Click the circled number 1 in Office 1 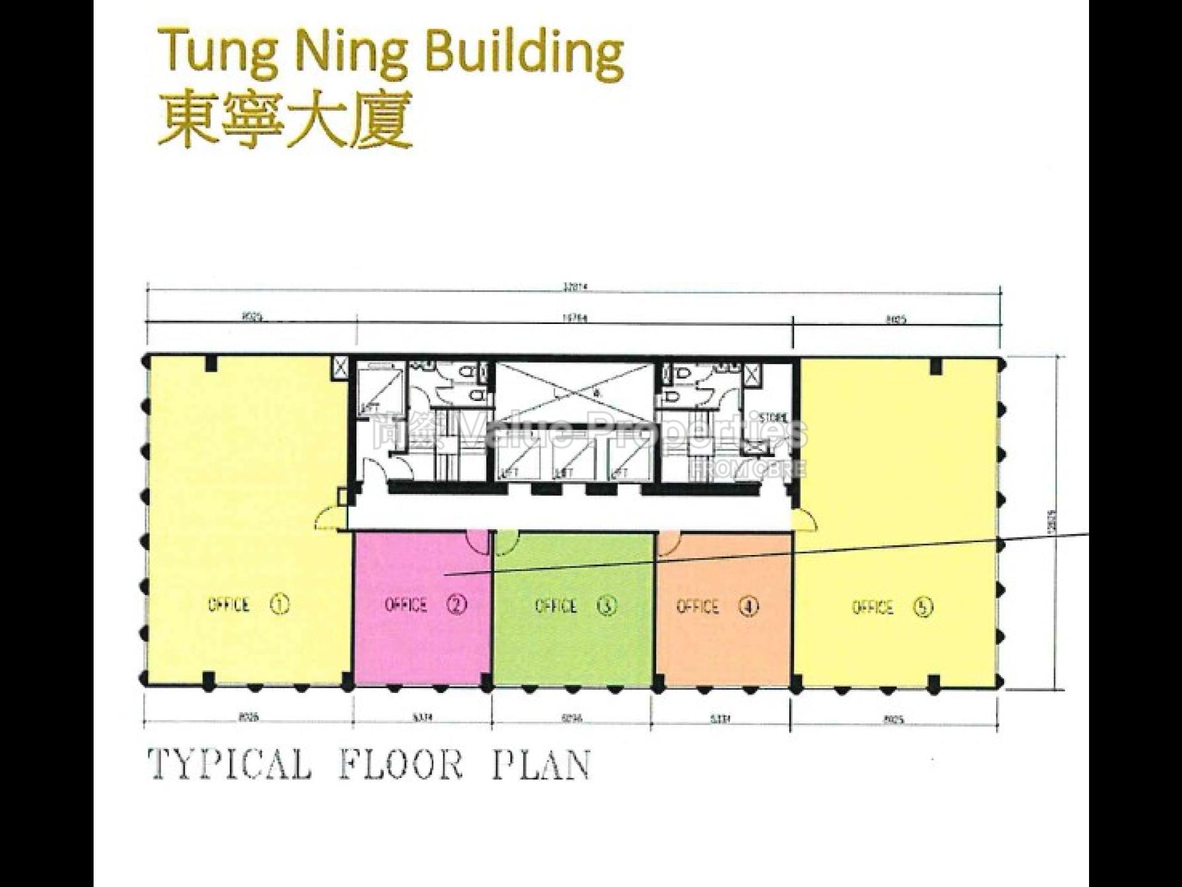coord(279,606)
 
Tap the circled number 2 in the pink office coord(457,605)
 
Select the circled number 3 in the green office coord(607,606)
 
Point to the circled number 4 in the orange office coord(749,607)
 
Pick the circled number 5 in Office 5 coord(923,608)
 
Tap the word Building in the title coord(523,53)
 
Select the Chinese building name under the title coord(284,122)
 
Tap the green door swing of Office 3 coord(506,542)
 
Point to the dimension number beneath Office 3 coord(572,717)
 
